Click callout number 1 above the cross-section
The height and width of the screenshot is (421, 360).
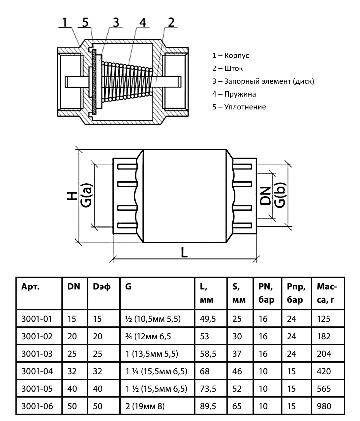click(x=65, y=22)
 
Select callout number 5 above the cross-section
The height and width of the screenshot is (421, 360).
click(x=85, y=22)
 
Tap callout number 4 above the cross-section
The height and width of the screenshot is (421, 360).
click(x=142, y=22)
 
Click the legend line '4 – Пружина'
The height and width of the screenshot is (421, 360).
click(x=234, y=94)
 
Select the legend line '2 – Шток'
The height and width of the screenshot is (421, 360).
click(x=227, y=69)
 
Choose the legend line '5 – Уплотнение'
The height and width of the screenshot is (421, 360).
click(x=239, y=107)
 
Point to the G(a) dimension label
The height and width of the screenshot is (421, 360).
click(x=86, y=195)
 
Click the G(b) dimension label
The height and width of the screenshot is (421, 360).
click(x=280, y=195)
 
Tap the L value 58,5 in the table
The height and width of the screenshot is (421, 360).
click(x=208, y=354)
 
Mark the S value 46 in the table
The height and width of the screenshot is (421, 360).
click(x=237, y=372)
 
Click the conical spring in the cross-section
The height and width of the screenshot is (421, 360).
click(x=127, y=81)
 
